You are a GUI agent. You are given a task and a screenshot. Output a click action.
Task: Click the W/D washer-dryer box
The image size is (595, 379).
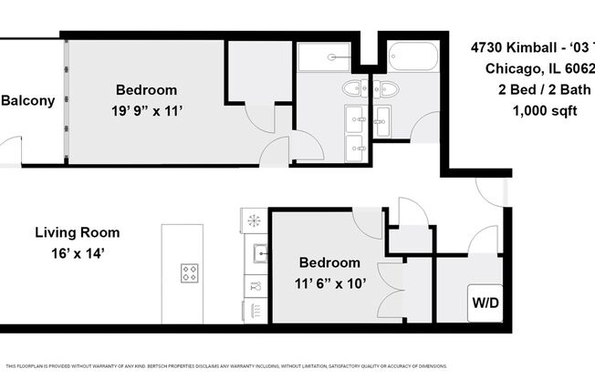[484, 301]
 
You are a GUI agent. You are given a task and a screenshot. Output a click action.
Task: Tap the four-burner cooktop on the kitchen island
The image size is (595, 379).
[190, 271]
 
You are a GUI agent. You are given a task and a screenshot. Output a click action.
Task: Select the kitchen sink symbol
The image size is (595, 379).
[260, 252]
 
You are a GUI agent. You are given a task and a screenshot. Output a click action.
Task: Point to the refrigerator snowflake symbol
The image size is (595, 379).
[253, 220]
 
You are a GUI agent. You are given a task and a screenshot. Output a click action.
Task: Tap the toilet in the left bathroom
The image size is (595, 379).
[352, 88]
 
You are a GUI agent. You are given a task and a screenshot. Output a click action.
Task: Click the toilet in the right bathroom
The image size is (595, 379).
[387, 88]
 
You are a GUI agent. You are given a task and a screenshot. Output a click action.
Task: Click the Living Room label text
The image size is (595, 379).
[77, 232]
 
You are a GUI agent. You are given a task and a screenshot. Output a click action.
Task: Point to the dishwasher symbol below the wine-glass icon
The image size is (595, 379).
[256, 311]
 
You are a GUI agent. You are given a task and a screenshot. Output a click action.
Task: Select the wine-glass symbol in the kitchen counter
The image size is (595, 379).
[256, 285]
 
